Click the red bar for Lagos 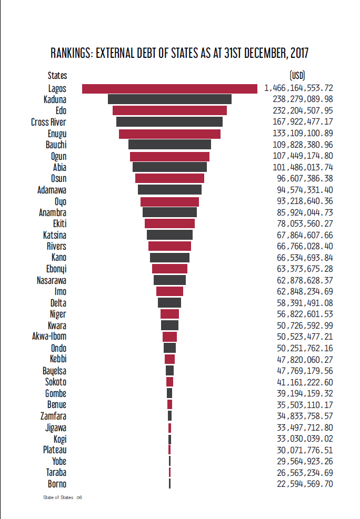point(169,89)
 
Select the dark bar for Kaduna point(169,99)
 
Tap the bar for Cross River point(169,121)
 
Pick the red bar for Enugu point(169,134)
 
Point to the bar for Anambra point(169,212)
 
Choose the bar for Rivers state point(169,246)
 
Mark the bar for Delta point(169,302)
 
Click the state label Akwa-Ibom point(49,337)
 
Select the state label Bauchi point(56,145)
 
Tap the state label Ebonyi point(56,269)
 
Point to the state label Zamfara point(53,416)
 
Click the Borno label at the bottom point(57,484)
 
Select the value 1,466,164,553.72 point(298,88)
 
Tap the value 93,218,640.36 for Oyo point(305,201)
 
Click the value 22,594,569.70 point(305,484)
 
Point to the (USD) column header point(297,76)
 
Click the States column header point(57,76)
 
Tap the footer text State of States point(58,497)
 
